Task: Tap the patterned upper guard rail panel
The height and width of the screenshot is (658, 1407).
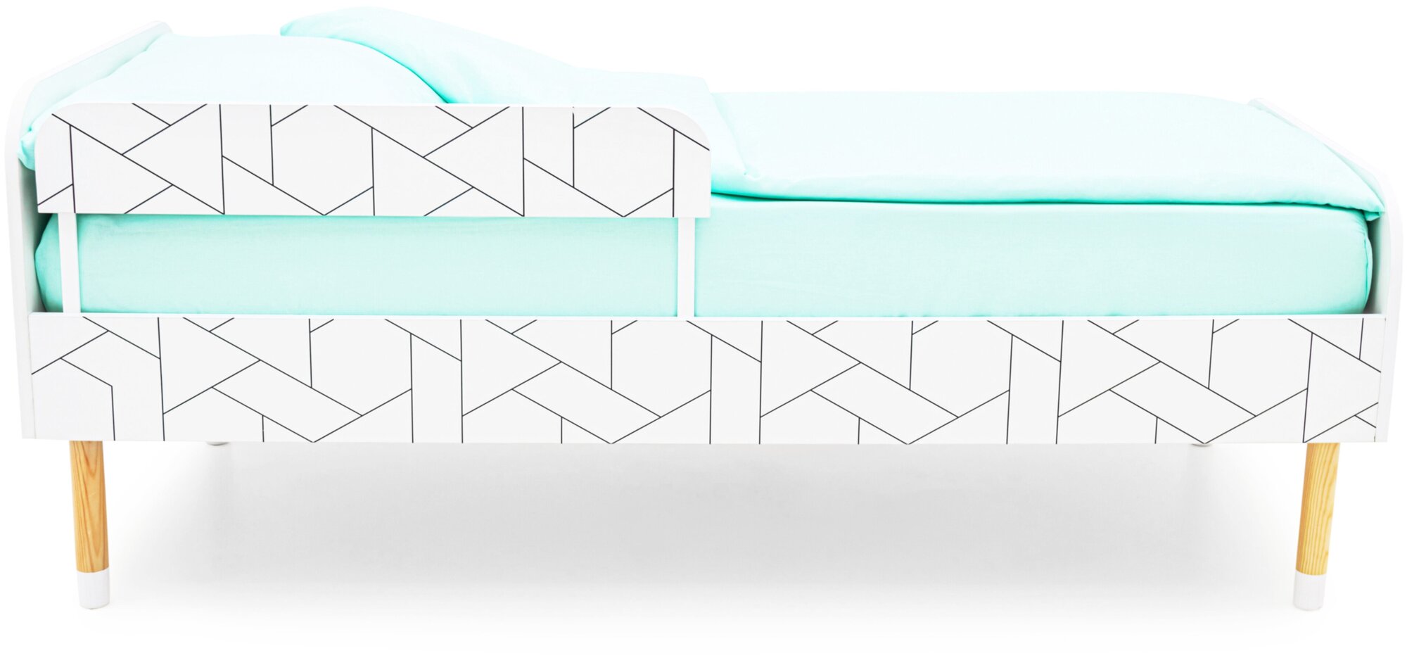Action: click(x=373, y=160)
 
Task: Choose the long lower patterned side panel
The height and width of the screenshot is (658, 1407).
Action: click(x=703, y=380)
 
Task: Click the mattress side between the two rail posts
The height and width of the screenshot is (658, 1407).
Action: click(x=373, y=264)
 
